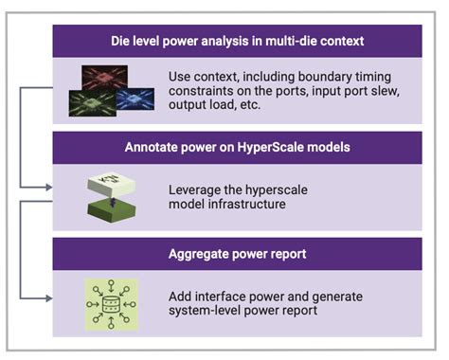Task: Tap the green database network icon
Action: pos(106,300)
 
